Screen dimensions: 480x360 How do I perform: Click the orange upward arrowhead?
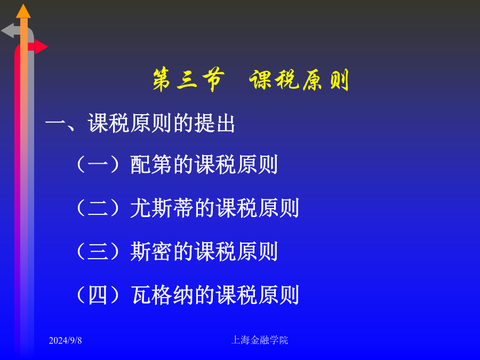(23, 11)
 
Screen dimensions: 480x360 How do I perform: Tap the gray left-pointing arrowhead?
(7, 30)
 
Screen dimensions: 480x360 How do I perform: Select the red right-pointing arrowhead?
(41, 47)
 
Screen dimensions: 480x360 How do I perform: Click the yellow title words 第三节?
(188, 79)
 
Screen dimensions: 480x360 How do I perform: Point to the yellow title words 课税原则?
(299, 80)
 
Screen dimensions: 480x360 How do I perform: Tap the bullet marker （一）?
(98, 165)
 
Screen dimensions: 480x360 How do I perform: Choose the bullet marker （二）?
(98, 208)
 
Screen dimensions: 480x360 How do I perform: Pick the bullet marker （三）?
(98, 252)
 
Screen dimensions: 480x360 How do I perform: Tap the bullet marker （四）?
(98, 295)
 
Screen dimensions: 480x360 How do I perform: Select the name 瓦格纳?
(162, 295)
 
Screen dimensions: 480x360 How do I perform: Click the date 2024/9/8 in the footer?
(65, 340)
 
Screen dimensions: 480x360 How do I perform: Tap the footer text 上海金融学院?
(260, 340)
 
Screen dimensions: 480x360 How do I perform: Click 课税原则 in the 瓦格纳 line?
(258, 295)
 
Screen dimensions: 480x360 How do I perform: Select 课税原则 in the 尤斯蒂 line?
(258, 208)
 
